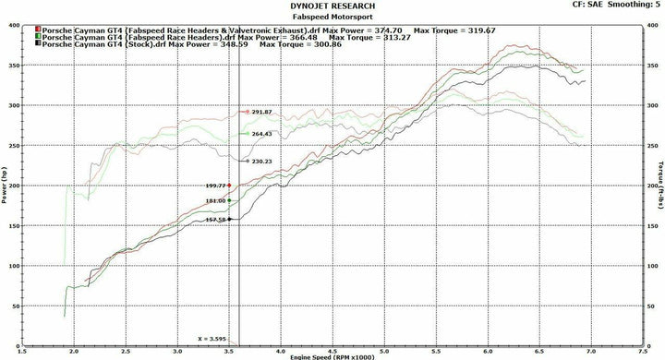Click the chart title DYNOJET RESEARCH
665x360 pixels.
tap(332, 5)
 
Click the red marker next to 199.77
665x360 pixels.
tap(229, 186)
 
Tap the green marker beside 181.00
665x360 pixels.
tap(229, 200)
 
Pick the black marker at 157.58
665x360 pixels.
tap(229, 219)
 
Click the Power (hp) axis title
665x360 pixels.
tap(6, 185)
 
